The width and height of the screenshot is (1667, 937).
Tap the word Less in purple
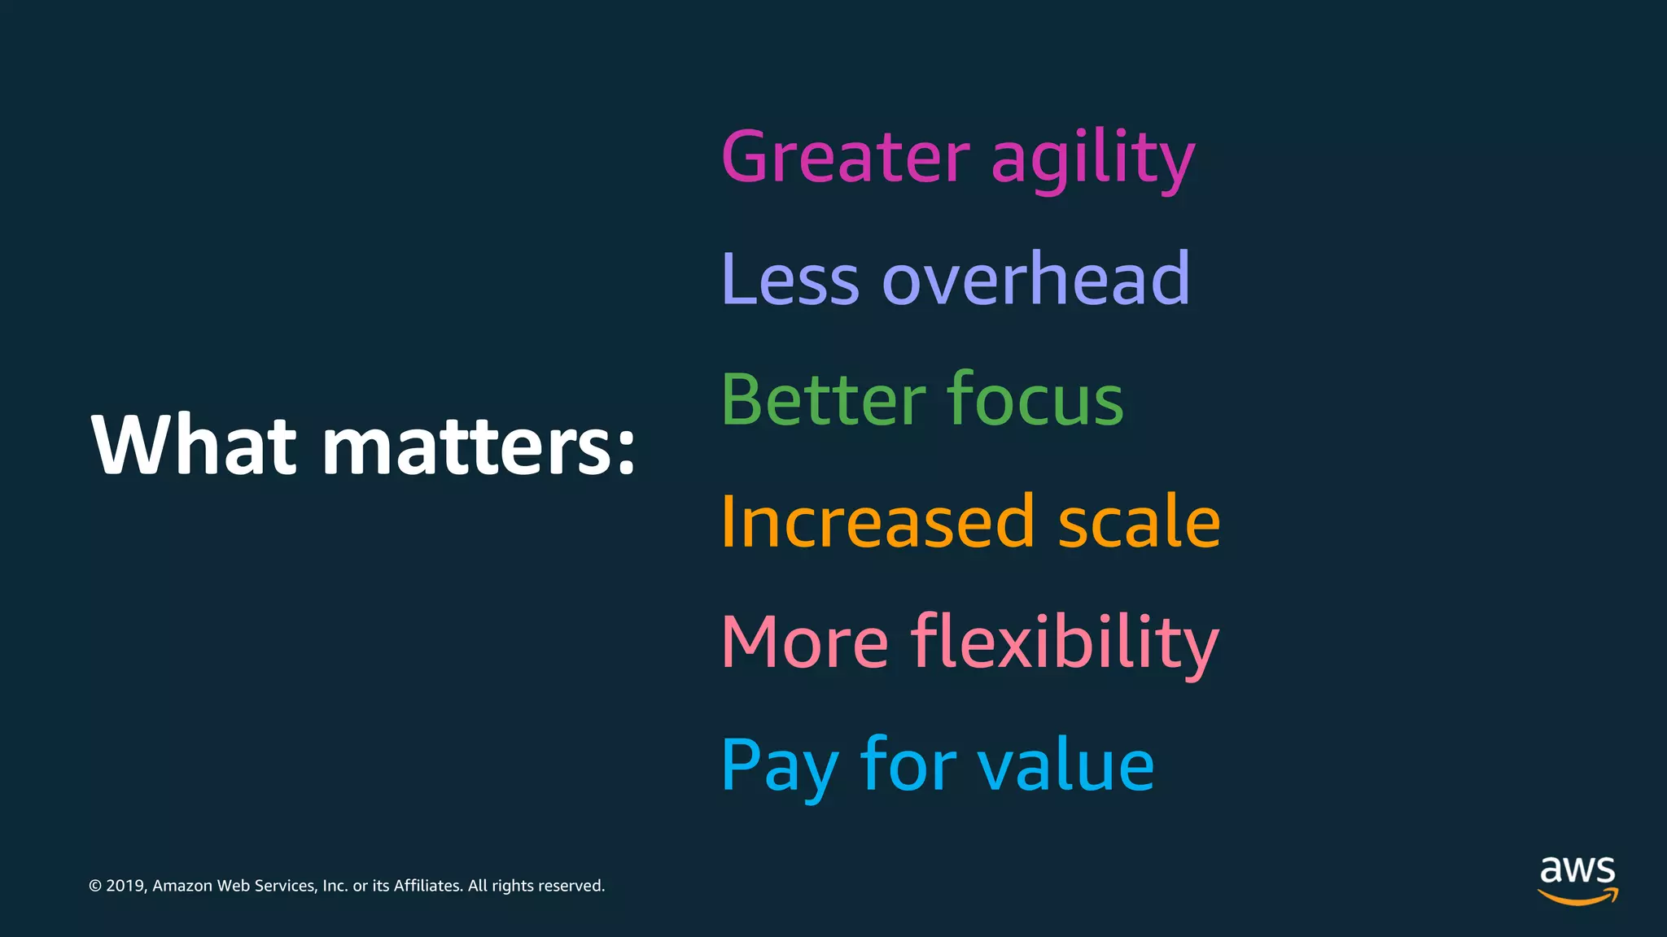790,279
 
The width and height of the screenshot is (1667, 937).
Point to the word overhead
1035,278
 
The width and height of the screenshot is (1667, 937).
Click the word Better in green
823,399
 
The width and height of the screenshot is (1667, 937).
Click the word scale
1139,521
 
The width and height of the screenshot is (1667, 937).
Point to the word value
1065,765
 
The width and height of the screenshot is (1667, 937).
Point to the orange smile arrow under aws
1577,896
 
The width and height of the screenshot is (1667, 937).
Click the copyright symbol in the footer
95,886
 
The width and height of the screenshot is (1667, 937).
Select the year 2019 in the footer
125,886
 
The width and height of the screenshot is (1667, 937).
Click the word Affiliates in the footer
428,886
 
